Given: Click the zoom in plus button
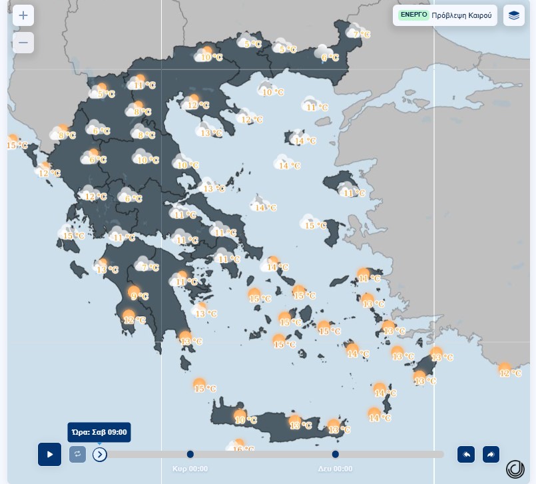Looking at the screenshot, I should click(23, 16).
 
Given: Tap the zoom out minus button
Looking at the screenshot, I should click(23, 43).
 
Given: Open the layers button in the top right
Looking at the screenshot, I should click(513, 15).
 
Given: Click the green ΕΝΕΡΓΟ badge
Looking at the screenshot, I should click(413, 14).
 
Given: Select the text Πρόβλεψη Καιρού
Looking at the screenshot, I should click(461, 15).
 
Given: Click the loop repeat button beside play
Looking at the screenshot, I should click(77, 454).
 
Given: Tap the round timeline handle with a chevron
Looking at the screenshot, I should click(100, 454).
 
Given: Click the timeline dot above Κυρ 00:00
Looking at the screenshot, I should click(190, 454).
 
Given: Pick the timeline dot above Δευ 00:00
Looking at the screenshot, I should click(336, 454).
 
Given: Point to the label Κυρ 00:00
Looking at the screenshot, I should click(190, 469).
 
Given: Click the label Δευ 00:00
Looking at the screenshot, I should click(335, 469).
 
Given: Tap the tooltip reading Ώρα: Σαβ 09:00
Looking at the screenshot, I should click(99, 432).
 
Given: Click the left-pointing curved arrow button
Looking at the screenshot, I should click(466, 454).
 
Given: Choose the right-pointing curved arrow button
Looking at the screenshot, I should click(491, 454).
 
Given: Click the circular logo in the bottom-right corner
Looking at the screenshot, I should click(515, 469).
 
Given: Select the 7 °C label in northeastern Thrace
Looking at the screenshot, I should click(362, 34).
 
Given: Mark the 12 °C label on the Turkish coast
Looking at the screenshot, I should click(511, 373).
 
